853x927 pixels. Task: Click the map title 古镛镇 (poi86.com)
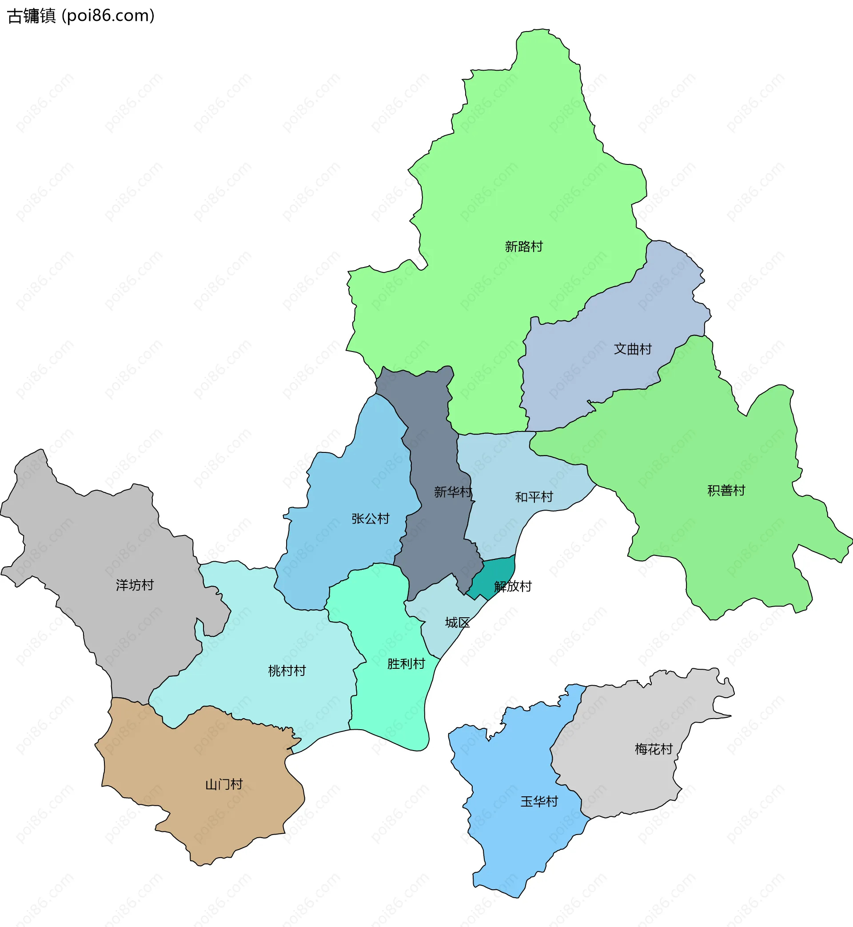tap(81, 16)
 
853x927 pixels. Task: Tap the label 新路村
tap(523, 247)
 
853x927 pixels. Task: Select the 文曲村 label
tap(632, 349)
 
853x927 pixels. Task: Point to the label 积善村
tap(726, 490)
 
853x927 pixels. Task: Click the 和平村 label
tap(534, 497)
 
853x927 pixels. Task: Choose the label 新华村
tap(453, 491)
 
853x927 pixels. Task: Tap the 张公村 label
tap(370, 519)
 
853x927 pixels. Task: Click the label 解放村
tap(513, 586)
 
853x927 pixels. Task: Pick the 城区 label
tap(457, 623)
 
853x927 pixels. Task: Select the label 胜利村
tap(406, 664)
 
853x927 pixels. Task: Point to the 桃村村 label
tap(287, 671)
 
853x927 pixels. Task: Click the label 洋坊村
tap(134, 585)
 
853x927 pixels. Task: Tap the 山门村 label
tap(224, 784)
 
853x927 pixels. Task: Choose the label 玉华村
tap(539, 801)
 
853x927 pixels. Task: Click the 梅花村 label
tap(654, 749)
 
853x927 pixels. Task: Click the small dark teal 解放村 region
tap(494, 572)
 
